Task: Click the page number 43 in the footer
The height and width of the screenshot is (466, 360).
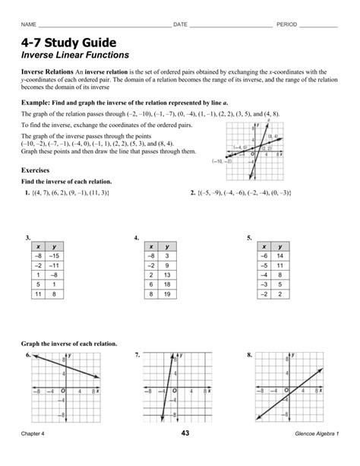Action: click(185, 455)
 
